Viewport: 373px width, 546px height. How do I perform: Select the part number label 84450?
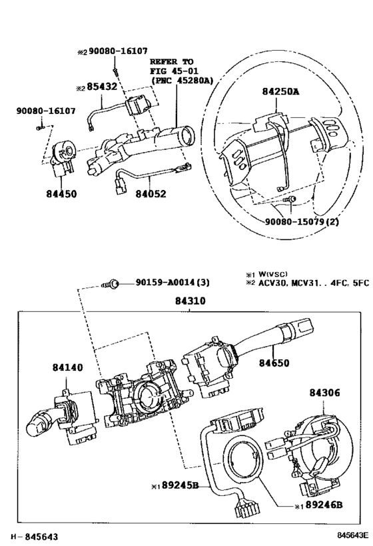pos(61,195)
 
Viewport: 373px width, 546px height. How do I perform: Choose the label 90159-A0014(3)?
pos(168,282)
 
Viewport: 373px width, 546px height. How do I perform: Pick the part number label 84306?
pos(325,393)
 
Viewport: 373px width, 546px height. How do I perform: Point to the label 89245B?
pos(178,486)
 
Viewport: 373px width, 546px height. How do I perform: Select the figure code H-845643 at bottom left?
pos(33,537)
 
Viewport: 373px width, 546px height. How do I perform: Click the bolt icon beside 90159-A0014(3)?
pos(111,283)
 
